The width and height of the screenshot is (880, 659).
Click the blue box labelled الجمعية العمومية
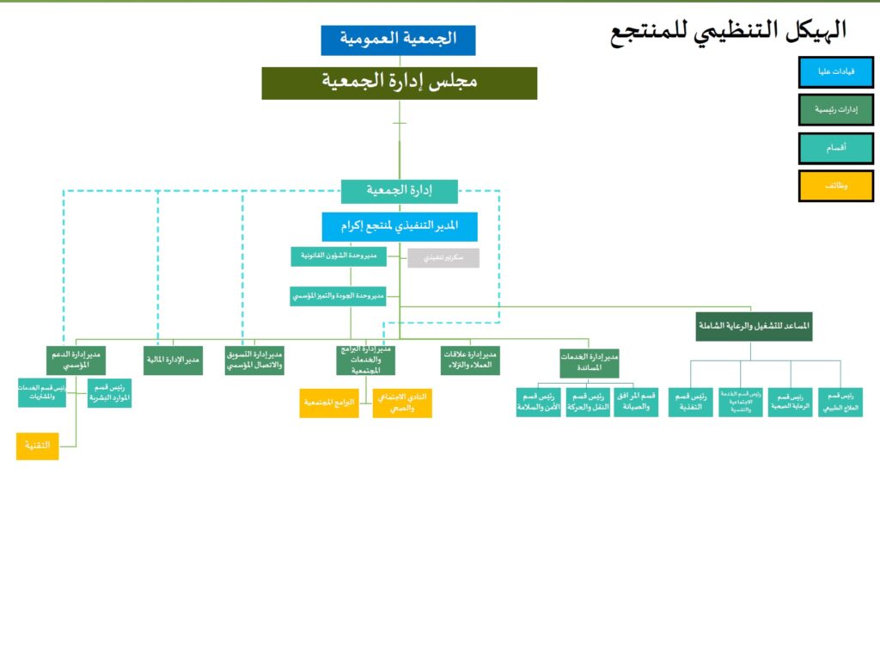[398, 40]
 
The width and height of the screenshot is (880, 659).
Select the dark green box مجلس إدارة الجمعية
[399, 83]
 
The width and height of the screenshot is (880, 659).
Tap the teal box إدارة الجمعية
[399, 191]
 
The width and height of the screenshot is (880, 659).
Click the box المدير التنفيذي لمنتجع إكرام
[399, 226]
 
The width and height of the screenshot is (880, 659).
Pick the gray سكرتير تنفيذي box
[443, 257]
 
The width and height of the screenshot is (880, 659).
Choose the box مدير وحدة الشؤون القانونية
[338, 256]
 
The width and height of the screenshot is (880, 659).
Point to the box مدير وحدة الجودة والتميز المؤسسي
[338, 296]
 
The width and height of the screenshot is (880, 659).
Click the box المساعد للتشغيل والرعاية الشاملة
[754, 326]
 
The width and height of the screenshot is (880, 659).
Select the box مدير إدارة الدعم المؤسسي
[75, 359]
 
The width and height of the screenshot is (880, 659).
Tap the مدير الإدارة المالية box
[174, 359]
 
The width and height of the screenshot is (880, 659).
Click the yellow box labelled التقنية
[37, 446]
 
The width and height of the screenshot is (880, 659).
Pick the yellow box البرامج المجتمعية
[329, 403]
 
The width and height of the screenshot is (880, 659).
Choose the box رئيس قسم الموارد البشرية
[109, 392]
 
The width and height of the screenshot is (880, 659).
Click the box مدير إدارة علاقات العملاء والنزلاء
[470, 359]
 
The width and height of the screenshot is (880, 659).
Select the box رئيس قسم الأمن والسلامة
[538, 402]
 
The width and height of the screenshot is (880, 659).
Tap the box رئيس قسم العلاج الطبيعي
[840, 402]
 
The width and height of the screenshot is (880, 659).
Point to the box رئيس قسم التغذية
[691, 402]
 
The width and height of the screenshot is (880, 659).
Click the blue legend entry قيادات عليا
[835, 71]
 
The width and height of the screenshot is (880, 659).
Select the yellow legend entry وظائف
[835, 185]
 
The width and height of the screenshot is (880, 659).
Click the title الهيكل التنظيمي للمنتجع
[728, 32]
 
